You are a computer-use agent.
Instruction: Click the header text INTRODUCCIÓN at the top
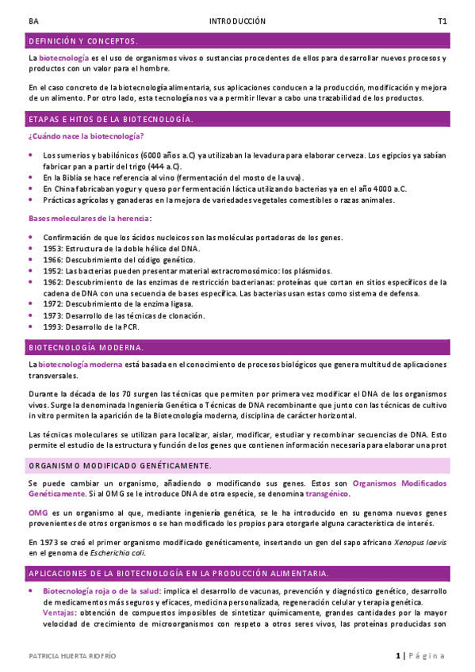pyautogui.click(x=237, y=21)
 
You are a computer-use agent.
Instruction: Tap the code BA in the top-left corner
pyautogui.click(x=33, y=21)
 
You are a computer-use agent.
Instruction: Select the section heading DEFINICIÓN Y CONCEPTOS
pyautogui.click(x=83, y=40)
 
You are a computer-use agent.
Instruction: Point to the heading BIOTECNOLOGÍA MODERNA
pyautogui.click(x=86, y=347)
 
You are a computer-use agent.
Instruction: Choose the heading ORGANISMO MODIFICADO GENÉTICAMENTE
pyautogui.click(x=119, y=465)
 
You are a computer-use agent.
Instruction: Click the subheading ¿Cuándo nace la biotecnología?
pyautogui.click(x=81, y=137)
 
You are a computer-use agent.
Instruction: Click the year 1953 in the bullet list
pyautogui.click(x=52, y=248)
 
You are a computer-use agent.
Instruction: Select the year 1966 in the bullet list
pyautogui.click(x=52, y=259)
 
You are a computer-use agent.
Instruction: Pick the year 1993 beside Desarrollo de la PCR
pyautogui.click(x=52, y=326)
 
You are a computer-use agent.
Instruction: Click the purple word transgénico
pyautogui.click(x=327, y=493)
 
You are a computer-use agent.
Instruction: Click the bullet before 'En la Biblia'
pyautogui.click(x=31, y=178)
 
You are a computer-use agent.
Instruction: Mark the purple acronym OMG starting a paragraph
pyautogui.click(x=37, y=513)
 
